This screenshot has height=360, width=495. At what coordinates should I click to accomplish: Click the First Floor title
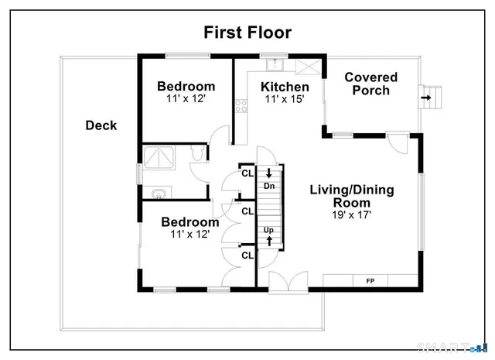248,32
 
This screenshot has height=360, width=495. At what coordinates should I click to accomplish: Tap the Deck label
101,125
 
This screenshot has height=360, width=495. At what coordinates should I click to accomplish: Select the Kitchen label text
285,86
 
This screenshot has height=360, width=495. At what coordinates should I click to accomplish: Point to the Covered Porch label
371,84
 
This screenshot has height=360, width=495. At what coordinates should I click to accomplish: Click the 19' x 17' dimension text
352,214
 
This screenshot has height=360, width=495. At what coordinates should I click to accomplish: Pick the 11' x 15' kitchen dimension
284,98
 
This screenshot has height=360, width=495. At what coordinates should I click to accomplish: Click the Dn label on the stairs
269,186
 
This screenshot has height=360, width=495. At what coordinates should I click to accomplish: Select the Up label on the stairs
269,229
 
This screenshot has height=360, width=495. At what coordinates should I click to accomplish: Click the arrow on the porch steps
426,98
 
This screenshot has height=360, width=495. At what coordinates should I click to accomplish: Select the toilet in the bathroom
198,154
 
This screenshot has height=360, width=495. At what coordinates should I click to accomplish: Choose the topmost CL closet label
247,173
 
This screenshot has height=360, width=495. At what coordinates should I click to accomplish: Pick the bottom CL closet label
247,255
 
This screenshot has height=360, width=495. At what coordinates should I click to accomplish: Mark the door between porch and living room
397,143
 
